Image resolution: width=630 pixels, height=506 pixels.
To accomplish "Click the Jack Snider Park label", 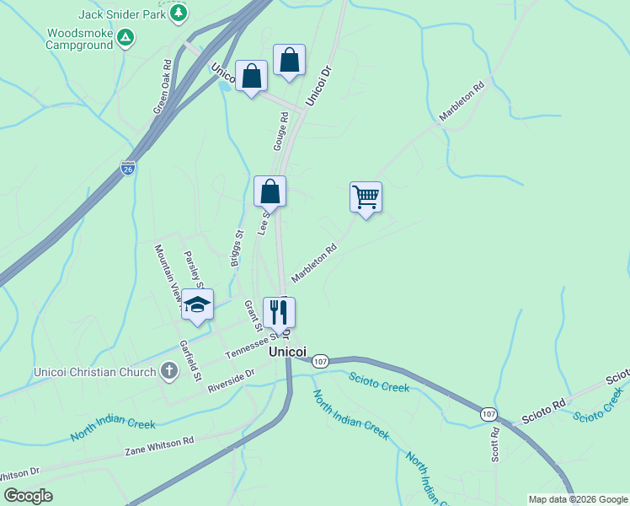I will pyautogui.click(x=121, y=14).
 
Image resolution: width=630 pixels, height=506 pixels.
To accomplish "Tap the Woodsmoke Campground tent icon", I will pyautogui.click(x=125, y=38).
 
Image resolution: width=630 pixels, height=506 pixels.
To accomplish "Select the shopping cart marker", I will pyautogui.click(x=366, y=197).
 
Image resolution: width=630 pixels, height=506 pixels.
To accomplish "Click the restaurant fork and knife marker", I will pyautogui.click(x=279, y=312).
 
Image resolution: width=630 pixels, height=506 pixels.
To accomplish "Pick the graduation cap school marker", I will pyautogui.click(x=197, y=305).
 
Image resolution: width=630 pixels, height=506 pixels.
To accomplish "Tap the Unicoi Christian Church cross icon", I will pyautogui.click(x=168, y=371).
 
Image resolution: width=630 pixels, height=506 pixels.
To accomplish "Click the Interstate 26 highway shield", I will pyautogui.click(x=128, y=169).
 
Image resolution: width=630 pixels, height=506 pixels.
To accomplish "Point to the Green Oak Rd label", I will pyautogui.click(x=162, y=87).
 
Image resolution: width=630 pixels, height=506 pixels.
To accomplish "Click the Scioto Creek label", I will pyautogui.click(x=379, y=385).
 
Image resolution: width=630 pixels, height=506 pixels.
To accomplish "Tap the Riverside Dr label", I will pyautogui.click(x=231, y=381).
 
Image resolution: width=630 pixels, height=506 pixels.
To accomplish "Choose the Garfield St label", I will pyautogui.click(x=191, y=358).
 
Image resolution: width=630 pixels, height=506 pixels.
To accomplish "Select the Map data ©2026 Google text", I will pyautogui.click(x=578, y=499).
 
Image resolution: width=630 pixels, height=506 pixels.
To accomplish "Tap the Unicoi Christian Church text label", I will pyautogui.click(x=94, y=372).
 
